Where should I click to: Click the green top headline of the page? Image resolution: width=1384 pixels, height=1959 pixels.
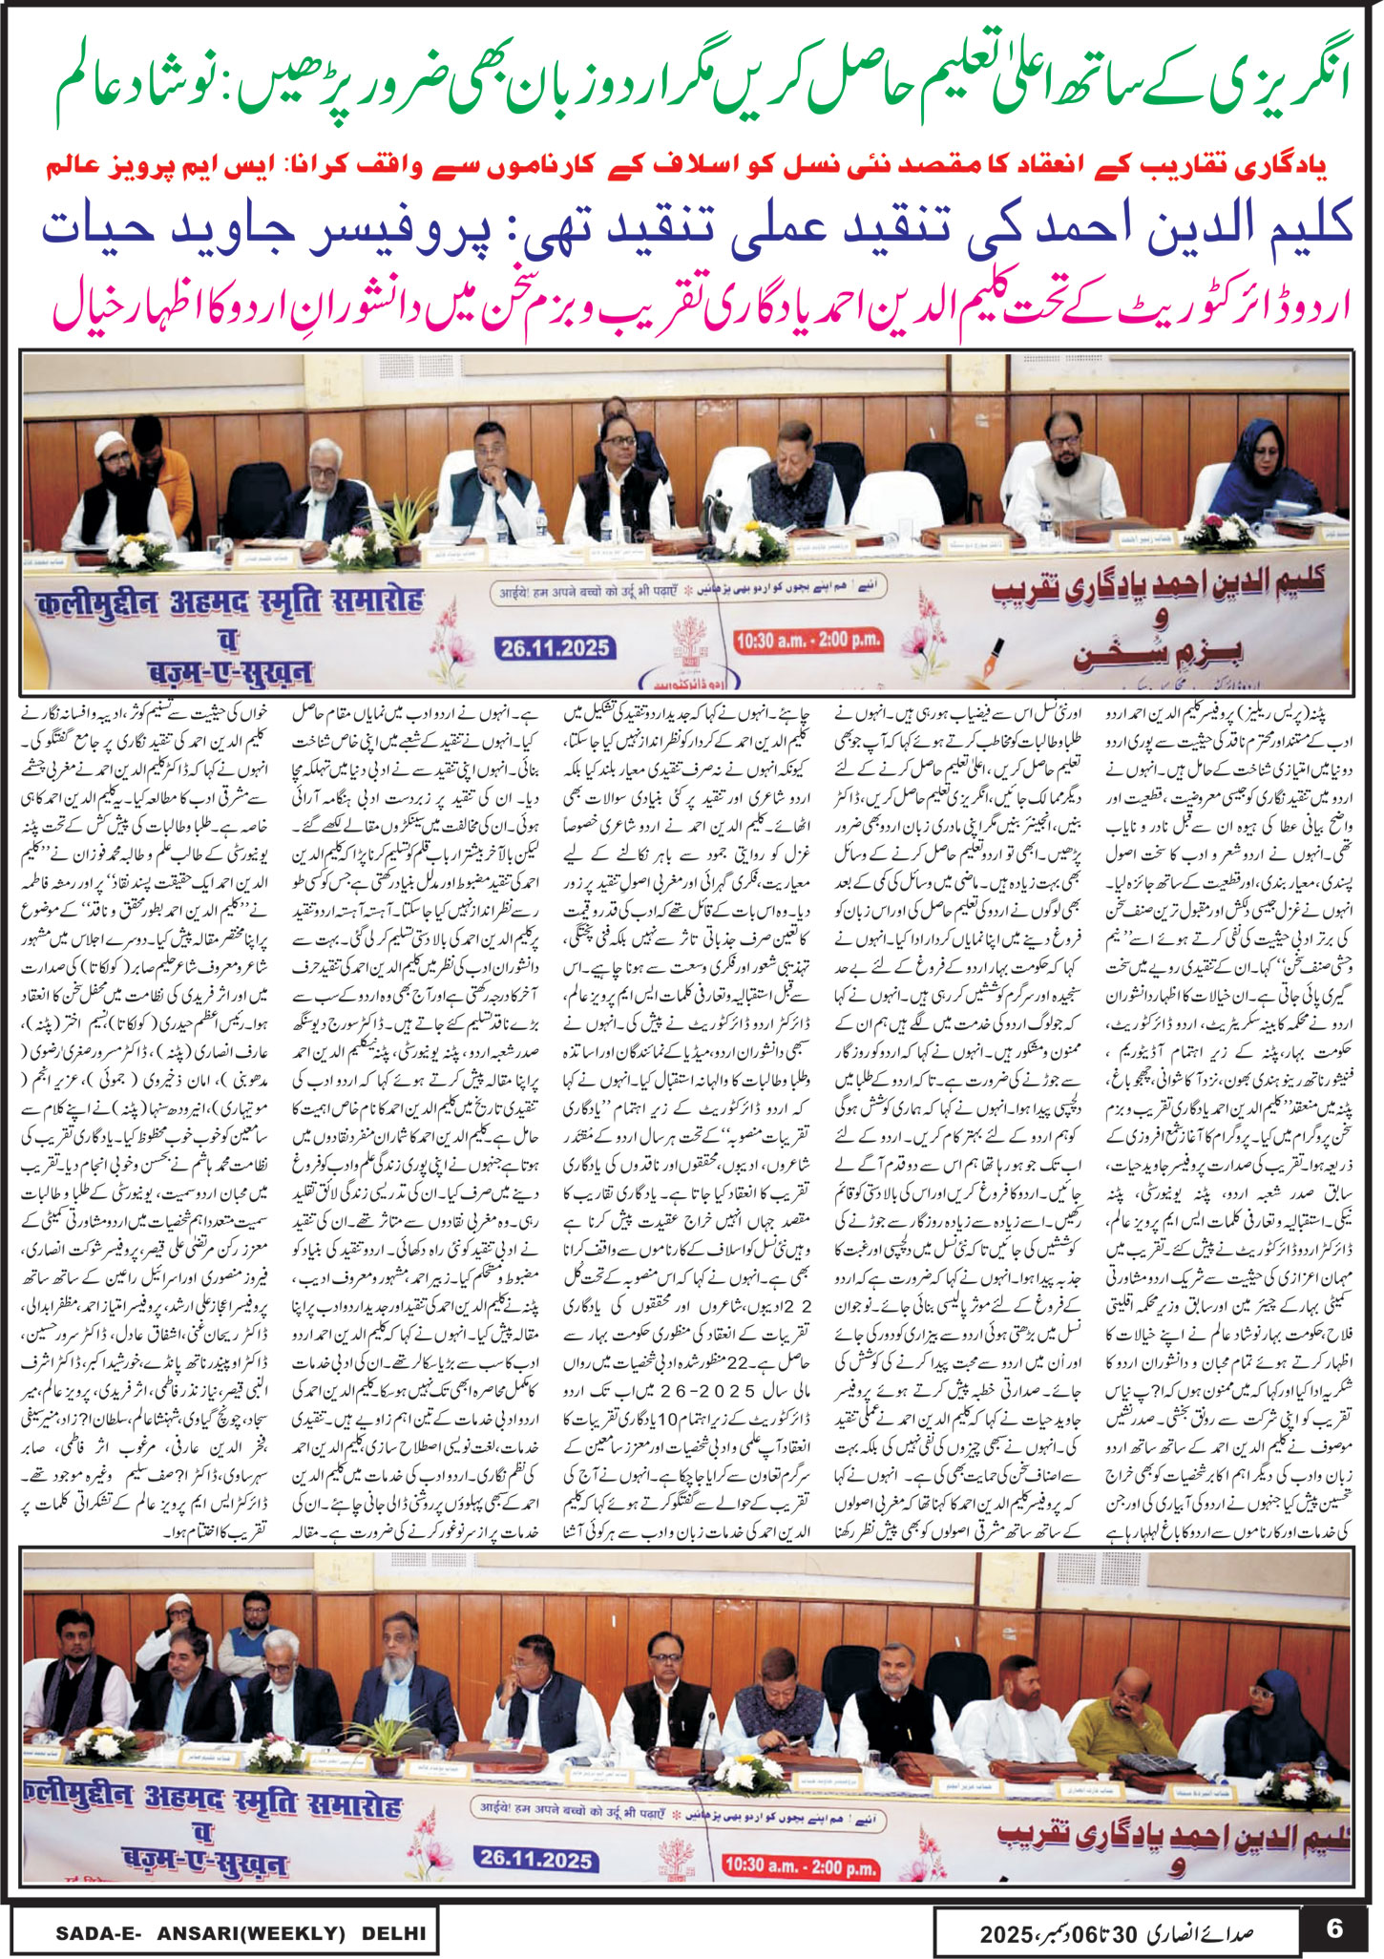tap(691, 94)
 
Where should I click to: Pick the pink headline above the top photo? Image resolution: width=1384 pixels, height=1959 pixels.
tap(697, 306)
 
